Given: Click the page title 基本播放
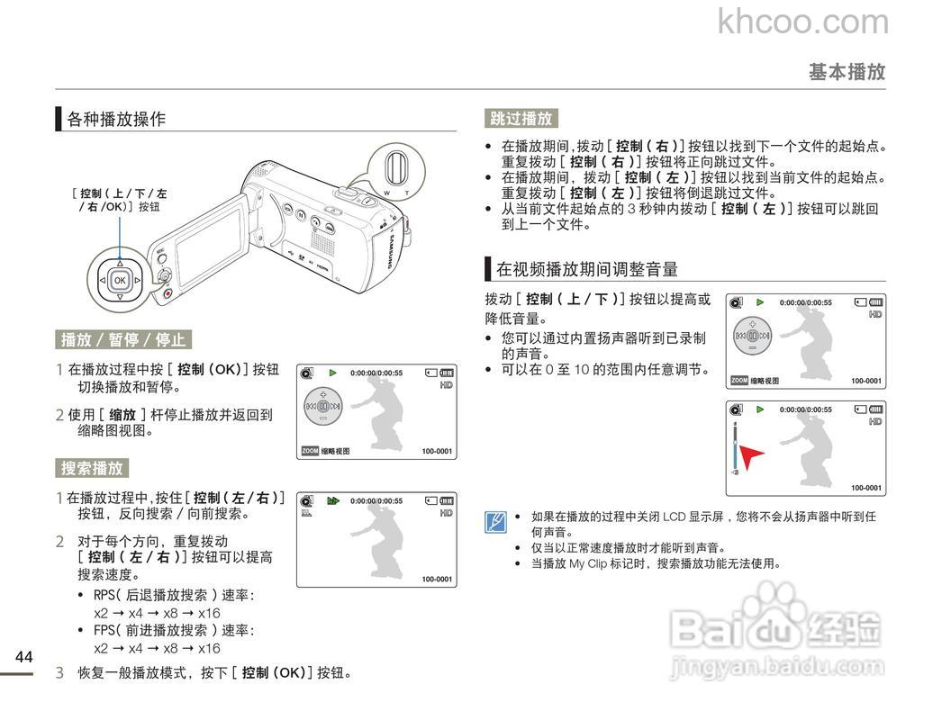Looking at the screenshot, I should (847, 72).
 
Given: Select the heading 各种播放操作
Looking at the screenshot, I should (116, 119).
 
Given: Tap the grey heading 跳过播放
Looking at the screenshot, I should (521, 118).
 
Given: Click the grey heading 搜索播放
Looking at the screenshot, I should (92, 468).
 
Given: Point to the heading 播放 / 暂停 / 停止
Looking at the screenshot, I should (123, 339).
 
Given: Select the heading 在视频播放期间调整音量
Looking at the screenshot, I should (587, 268).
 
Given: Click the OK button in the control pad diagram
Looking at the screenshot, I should (120, 281).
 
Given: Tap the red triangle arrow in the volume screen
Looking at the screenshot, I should (752, 457).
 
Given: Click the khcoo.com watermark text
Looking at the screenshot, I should (802, 22).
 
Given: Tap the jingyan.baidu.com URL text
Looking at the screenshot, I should (778, 667).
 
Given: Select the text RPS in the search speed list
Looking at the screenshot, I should (103, 595).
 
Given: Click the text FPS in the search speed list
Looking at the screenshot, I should (103, 630).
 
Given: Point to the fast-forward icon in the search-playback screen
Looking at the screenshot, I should (333, 500).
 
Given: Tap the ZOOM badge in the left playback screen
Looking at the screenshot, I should (310, 451).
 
